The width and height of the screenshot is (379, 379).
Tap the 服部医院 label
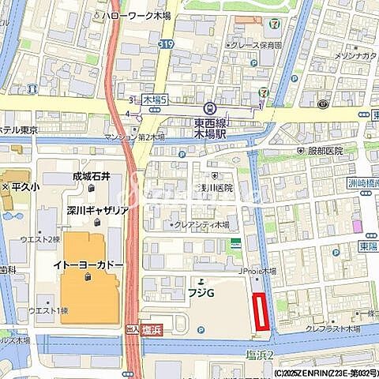coord(325,150)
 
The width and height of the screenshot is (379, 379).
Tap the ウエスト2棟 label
coord(39,239)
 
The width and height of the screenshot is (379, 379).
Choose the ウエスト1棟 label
coord(39,310)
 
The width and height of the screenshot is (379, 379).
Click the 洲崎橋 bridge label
coord(362,184)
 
